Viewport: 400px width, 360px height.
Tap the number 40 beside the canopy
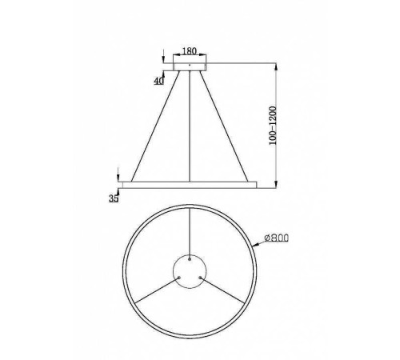pyautogui.click(x=159, y=79)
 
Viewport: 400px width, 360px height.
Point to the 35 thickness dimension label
pyautogui.click(x=114, y=198)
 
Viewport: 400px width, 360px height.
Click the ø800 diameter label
pyautogui.click(x=270, y=237)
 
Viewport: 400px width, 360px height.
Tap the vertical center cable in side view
pyautogui.click(x=190, y=128)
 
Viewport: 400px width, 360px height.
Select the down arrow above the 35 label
pyautogui.click(x=118, y=175)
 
